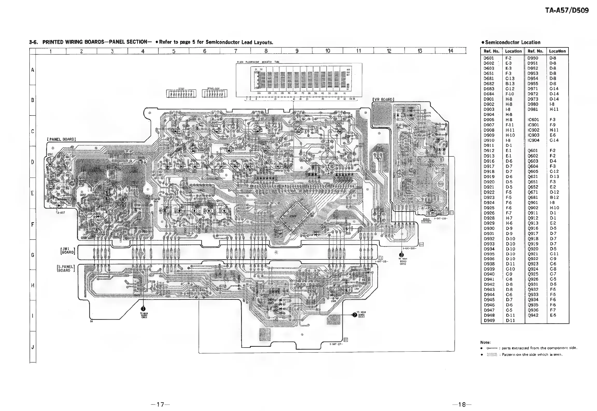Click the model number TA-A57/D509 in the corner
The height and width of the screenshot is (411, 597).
567,10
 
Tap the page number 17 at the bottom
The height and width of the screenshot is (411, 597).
161,404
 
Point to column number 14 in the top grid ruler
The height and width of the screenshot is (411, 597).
451,51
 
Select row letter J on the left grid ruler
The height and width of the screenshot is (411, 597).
33,347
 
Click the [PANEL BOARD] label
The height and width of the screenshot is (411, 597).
61,139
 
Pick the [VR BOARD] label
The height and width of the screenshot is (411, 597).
383,99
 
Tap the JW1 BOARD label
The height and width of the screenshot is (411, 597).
67,251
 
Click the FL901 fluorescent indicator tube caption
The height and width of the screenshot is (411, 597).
258,62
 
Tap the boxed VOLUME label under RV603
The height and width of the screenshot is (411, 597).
426,222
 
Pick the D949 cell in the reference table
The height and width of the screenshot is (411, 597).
489,320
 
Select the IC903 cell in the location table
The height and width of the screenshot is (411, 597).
533,135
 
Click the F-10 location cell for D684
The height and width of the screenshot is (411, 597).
510,94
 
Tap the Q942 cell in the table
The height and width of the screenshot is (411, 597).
533,315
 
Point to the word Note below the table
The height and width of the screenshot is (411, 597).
486,342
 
